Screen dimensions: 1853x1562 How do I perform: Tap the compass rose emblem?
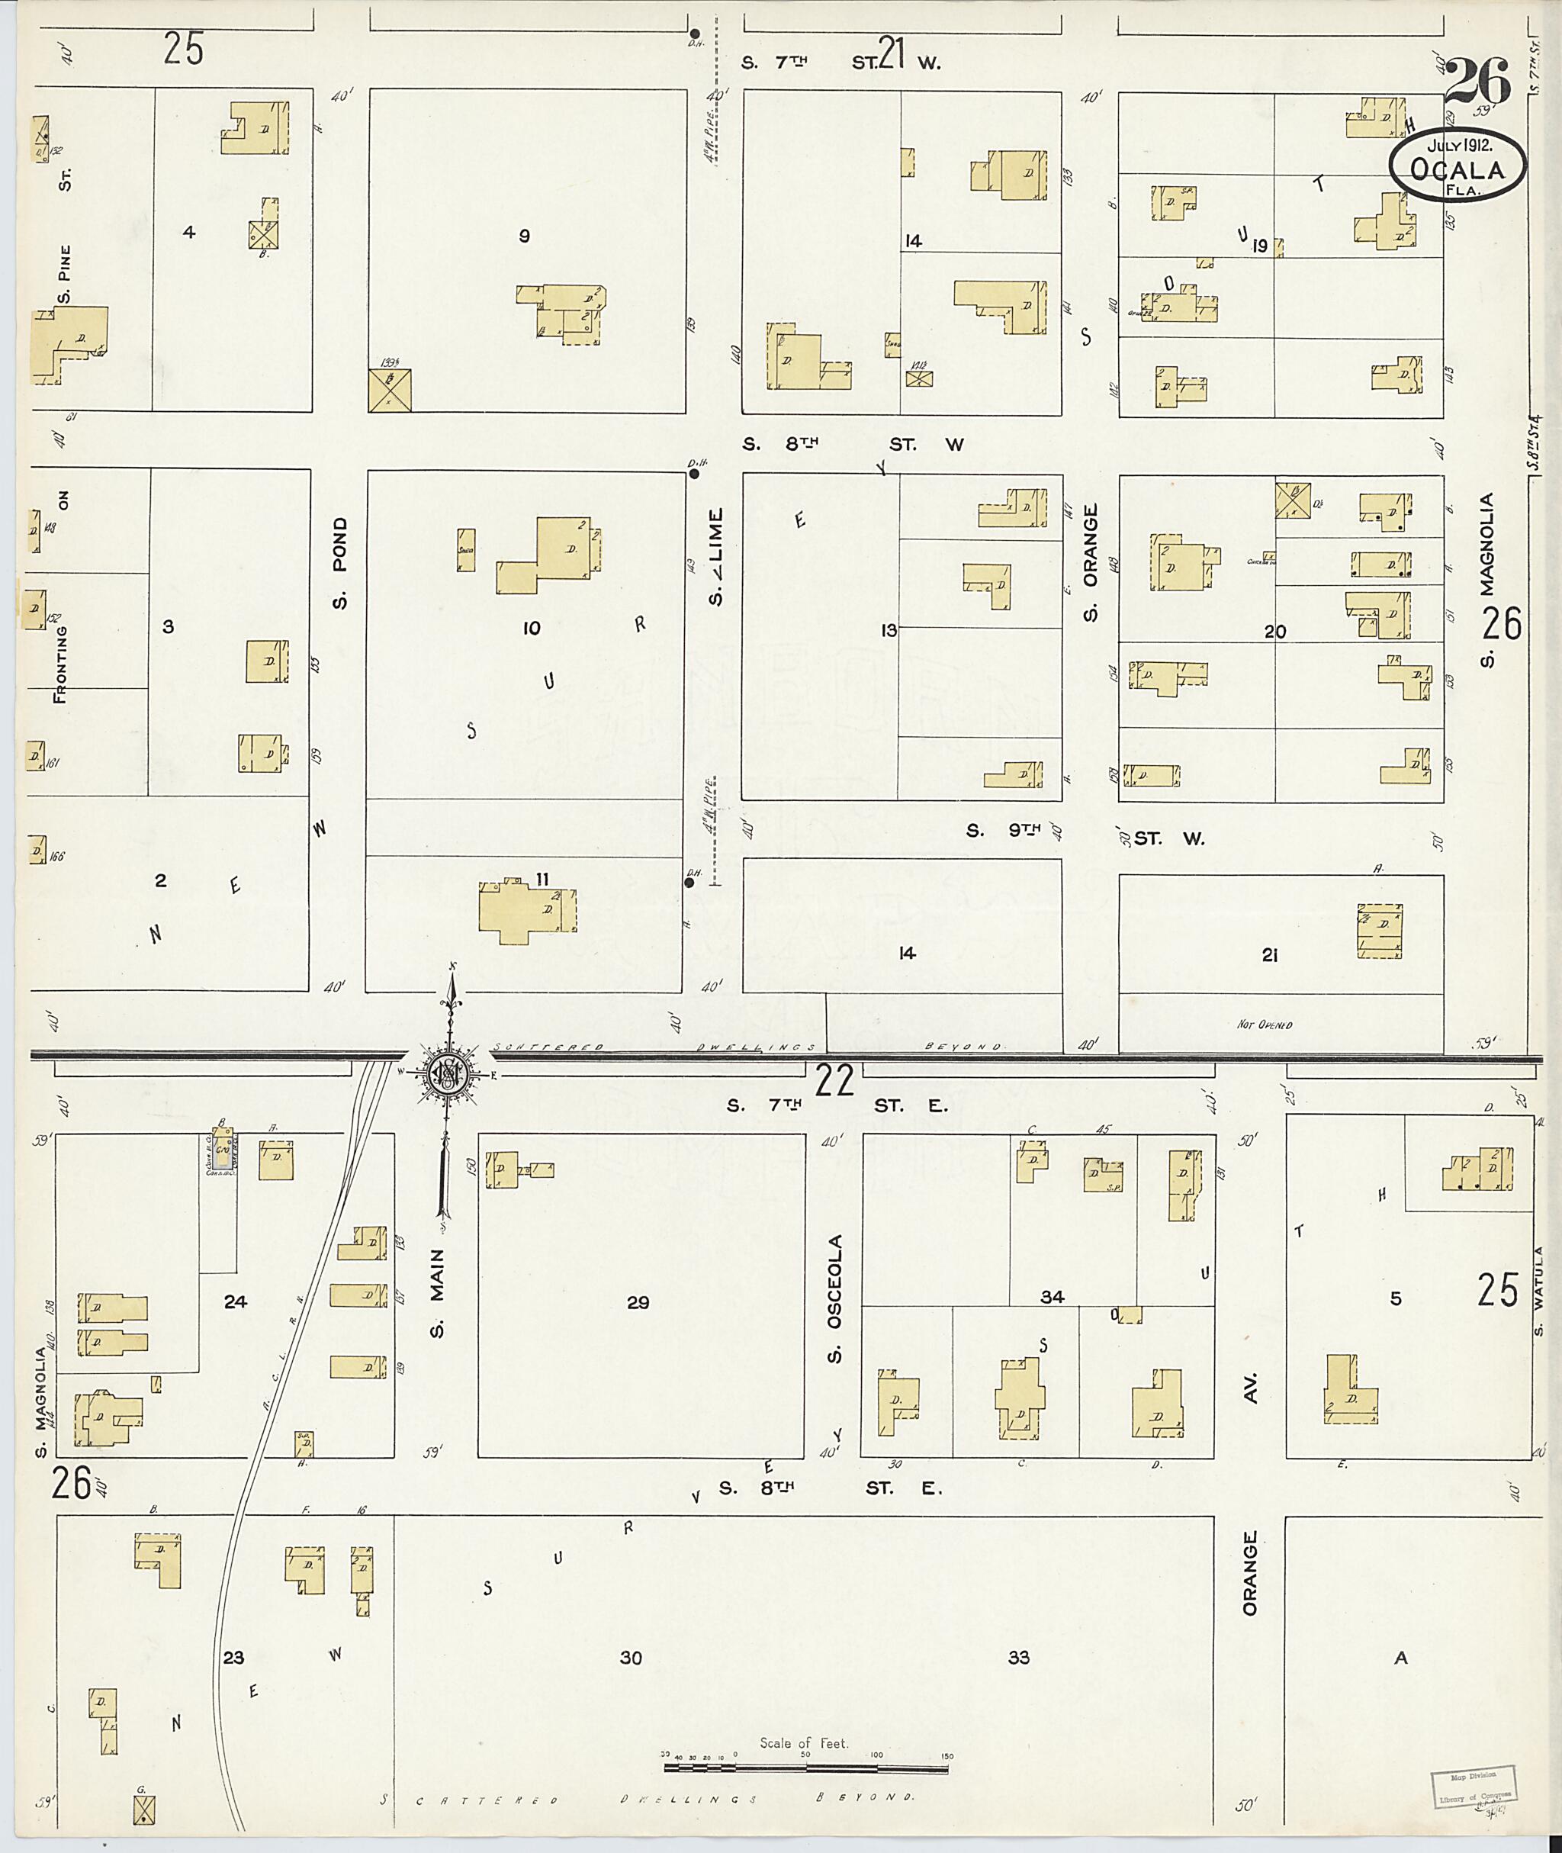(448, 1073)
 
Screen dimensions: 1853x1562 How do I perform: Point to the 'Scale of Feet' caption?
(803, 1742)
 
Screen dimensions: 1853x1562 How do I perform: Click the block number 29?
(638, 1302)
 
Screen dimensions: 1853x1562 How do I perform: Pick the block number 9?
(524, 236)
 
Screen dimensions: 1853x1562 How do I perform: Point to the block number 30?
(631, 1656)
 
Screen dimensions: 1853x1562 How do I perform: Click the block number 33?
(1018, 1656)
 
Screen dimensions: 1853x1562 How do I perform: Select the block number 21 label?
(1269, 955)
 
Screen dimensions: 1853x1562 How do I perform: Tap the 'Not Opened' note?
(1264, 1025)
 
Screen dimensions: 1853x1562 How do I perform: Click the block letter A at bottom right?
(1400, 1657)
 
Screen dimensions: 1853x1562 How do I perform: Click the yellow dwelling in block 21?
(1380, 931)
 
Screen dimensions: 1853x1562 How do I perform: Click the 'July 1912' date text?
(1458, 145)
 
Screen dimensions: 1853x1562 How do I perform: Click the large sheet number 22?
(834, 1079)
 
